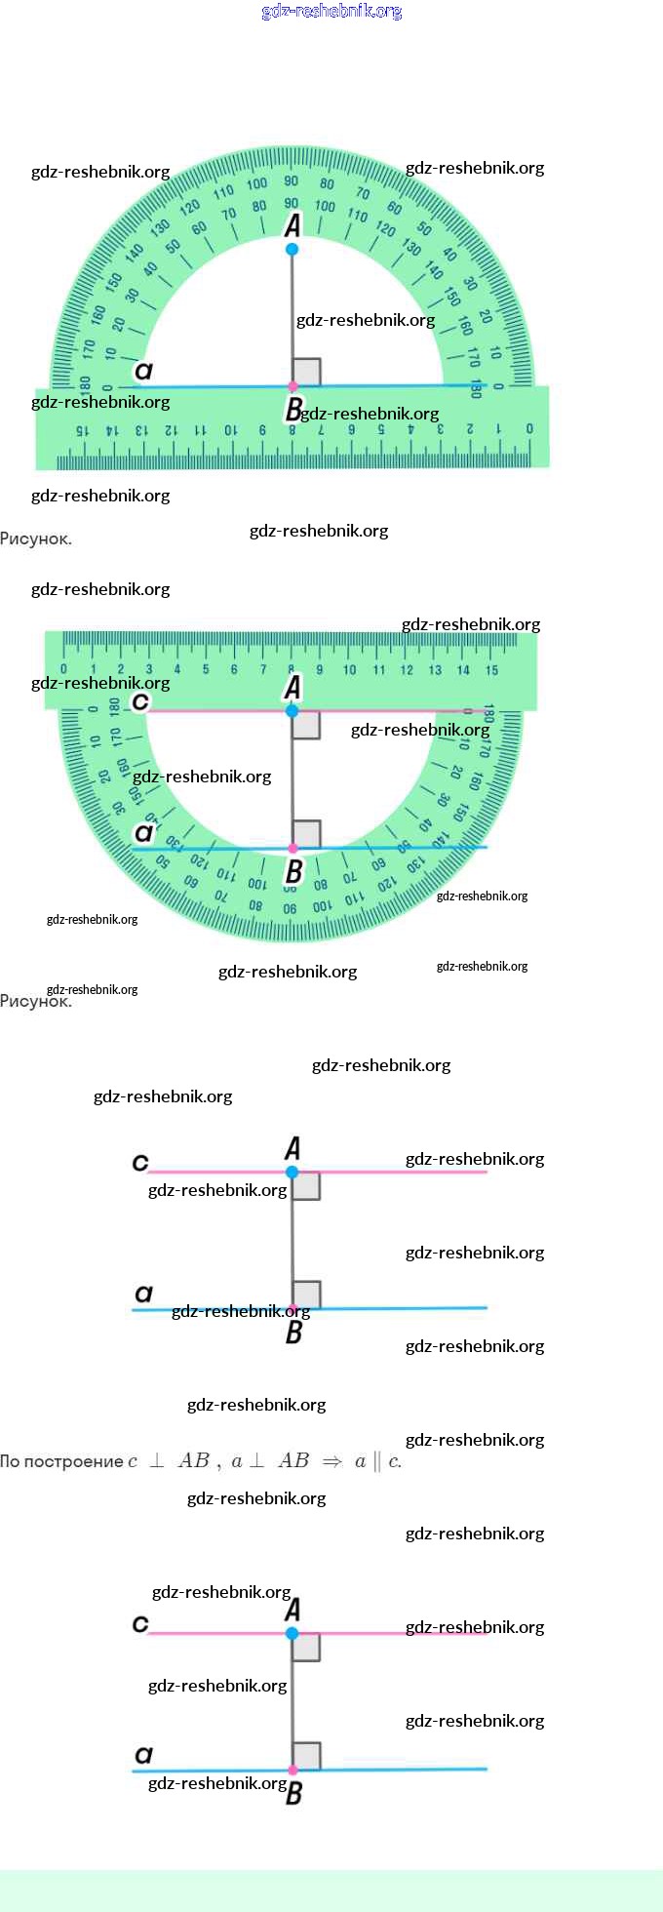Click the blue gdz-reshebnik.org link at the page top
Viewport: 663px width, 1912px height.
(331, 12)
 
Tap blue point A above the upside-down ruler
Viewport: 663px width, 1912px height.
(292, 250)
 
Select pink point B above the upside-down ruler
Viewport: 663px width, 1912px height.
(292, 387)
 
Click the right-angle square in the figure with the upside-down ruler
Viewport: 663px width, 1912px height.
(306, 372)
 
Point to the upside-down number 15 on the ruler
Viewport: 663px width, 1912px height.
(82, 429)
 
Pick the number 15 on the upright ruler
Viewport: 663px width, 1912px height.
(491, 670)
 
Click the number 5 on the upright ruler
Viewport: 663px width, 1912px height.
(206, 670)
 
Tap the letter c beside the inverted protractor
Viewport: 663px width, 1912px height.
(140, 701)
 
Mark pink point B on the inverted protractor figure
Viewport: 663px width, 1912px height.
(292, 849)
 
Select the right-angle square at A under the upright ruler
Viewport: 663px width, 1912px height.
(306, 725)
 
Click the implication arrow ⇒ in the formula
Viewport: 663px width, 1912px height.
(332, 1461)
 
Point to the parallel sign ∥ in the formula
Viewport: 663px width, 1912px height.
(377, 1461)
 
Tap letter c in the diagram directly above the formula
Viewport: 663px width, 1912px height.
(140, 1162)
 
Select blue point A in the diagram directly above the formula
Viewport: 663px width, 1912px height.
(292, 1172)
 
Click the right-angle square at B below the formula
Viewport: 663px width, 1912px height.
(306, 1755)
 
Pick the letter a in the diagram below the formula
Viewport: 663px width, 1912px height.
(144, 1755)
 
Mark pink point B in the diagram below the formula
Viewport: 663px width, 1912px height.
(292, 1770)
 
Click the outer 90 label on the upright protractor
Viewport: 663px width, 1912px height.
(292, 180)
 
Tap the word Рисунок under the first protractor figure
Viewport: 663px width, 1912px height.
(35, 538)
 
